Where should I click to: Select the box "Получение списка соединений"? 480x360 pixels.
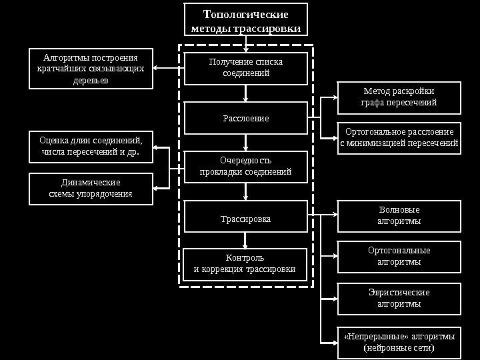245,68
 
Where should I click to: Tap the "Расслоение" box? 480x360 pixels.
245,118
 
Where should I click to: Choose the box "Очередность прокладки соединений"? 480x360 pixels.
245,166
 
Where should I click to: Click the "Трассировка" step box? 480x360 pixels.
245,218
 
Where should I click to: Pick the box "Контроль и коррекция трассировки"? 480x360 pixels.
245,264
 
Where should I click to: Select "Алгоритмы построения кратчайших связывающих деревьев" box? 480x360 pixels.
91,68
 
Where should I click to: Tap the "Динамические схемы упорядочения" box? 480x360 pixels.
91,189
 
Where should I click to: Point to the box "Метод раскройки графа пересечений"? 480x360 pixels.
399,97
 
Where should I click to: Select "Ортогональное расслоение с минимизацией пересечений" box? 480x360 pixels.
399,137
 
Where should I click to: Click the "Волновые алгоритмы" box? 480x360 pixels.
399,215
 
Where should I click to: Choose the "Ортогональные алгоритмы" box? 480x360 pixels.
399,256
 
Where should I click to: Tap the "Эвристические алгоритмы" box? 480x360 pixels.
399,298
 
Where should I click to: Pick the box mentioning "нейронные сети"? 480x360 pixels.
399,342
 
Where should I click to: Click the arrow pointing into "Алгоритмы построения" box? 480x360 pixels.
157,68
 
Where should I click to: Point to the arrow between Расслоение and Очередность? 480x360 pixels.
246,143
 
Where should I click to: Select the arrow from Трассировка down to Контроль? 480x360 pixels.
246,240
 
